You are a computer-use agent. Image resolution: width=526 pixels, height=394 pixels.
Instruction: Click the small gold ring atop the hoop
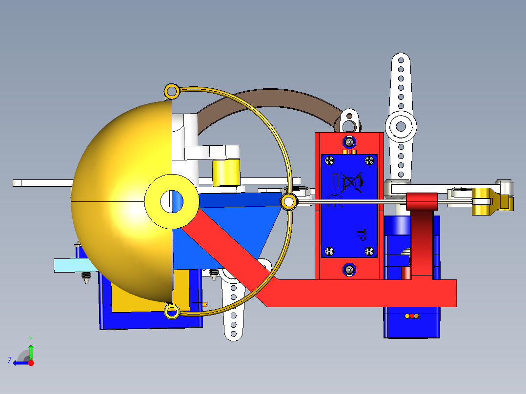point(171,91)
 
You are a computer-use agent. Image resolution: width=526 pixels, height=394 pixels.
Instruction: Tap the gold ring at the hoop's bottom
point(171,311)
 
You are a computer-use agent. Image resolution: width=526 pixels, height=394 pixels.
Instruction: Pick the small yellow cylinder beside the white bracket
point(226,172)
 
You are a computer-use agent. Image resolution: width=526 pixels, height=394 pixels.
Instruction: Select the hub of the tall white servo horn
point(401,126)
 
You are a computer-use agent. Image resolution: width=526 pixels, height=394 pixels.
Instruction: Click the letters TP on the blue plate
point(362,236)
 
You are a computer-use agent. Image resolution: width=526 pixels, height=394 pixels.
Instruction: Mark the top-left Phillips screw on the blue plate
point(330,160)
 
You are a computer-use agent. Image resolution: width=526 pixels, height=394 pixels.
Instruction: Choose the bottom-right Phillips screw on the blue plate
point(369,251)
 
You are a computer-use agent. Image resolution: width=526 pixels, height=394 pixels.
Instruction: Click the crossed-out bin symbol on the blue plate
point(350,182)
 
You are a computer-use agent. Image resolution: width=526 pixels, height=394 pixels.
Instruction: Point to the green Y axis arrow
point(31,350)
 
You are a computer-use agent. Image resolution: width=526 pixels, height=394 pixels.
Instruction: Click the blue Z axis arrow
point(20,362)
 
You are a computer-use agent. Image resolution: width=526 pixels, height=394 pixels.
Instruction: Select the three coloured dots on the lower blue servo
point(412,316)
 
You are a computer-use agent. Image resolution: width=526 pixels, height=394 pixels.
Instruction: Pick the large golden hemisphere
point(117,195)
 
